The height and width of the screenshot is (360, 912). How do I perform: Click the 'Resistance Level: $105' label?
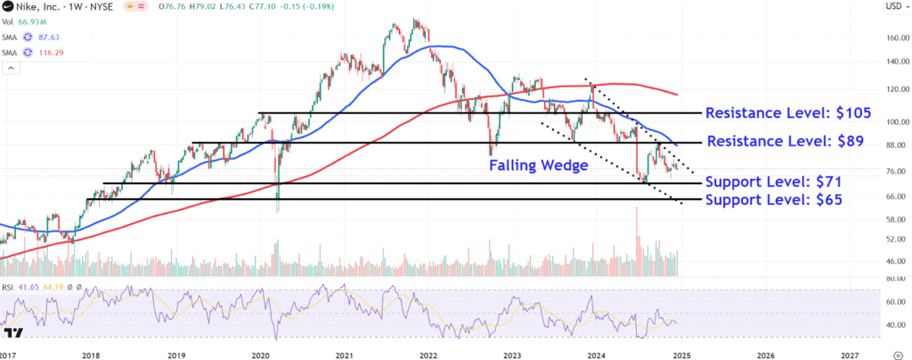point(786,114)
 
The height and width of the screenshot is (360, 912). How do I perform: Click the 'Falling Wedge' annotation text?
point(538,165)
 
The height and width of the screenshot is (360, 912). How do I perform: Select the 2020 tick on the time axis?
point(260,354)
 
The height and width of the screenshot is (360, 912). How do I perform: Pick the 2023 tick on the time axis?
point(512,354)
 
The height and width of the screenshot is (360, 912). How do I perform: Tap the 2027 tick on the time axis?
point(849,354)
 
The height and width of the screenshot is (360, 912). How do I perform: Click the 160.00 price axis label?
point(892,38)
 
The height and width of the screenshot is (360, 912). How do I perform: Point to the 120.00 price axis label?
point(892,90)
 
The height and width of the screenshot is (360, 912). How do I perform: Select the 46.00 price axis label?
point(892,260)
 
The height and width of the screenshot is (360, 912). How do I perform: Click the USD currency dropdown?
point(893,7)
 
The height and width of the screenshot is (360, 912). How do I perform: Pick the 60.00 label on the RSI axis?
point(892,301)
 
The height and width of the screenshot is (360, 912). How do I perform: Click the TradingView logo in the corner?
point(13,334)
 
